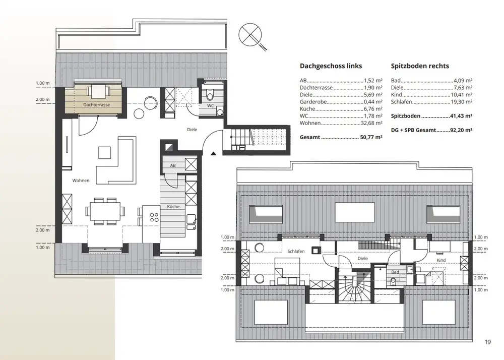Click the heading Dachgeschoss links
[331, 66]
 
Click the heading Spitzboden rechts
[420, 66]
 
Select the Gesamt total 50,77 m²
[371, 137]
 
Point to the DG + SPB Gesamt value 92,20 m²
[461, 130]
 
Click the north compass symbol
[253, 36]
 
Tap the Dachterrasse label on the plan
[96, 105]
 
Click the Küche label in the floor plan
[173, 207]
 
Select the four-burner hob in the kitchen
[155, 217]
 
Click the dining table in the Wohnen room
[105, 211]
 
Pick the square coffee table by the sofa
[104, 152]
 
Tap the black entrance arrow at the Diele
[213, 153]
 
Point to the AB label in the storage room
[173, 165]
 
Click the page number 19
[487, 342]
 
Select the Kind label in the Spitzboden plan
[441, 260]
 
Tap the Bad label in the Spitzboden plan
[395, 272]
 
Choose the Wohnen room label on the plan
[81, 181]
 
